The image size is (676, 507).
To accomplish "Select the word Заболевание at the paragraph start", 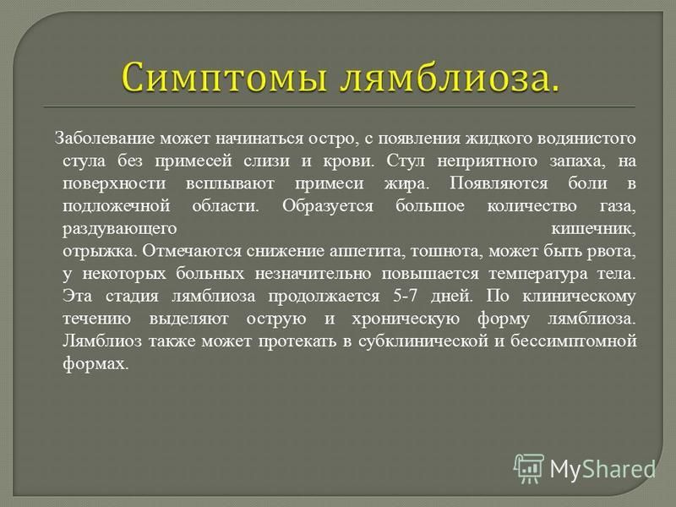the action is [105, 138].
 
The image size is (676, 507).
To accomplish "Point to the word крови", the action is [349, 161].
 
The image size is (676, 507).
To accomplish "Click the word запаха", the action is [577, 161].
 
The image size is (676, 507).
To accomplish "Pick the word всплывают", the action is [230, 183].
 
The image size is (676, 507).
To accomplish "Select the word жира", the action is [406, 183].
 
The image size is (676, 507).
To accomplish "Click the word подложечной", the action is [117, 205].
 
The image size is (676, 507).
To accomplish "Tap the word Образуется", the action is [328, 205].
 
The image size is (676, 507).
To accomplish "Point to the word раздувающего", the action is [120, 228].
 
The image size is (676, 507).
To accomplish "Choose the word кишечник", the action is [594, 228].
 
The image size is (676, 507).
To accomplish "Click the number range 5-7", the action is [405, 296].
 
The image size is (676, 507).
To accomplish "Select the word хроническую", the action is [406, 319].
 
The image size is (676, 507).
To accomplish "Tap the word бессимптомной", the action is [574, 341].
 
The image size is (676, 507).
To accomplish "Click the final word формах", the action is [95, 363].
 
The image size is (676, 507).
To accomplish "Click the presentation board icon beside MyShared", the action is [529, 468].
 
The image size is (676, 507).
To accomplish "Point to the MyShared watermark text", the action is [602, 469].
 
